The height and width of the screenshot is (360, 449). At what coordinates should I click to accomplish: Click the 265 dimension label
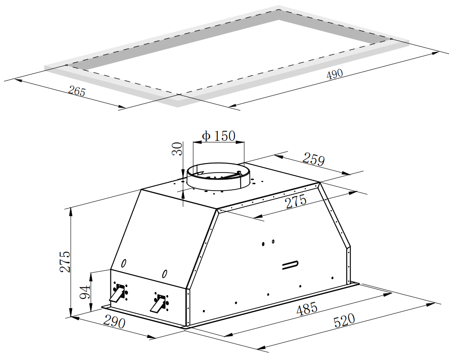point(77,91)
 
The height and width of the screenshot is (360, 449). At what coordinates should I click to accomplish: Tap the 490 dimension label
point(334,74)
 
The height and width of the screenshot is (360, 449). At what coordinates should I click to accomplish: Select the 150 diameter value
point(224,136)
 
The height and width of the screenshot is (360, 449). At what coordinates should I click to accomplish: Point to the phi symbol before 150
point(206,136)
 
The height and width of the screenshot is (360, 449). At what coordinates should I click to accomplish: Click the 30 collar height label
point(177,149)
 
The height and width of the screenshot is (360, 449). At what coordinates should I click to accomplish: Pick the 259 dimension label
point(314,159)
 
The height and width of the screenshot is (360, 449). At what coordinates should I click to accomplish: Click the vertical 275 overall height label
point(65,262)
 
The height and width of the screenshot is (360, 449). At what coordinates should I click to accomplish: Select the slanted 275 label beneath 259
point(296,201)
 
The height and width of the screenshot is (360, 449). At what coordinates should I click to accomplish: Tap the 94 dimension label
point(85,292)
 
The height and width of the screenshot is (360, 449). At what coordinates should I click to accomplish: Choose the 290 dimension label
point(114,321)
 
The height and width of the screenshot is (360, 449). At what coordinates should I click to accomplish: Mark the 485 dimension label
point(307,309)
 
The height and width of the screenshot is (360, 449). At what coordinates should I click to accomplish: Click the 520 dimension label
point(344,320)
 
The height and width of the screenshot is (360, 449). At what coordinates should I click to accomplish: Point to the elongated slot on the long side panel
point(290,265)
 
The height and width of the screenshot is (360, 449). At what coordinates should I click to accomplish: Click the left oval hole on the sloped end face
point(124,263)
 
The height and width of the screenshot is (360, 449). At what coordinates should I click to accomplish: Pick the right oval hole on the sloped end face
point(165,274)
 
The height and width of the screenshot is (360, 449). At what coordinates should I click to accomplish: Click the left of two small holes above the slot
point(263,244)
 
